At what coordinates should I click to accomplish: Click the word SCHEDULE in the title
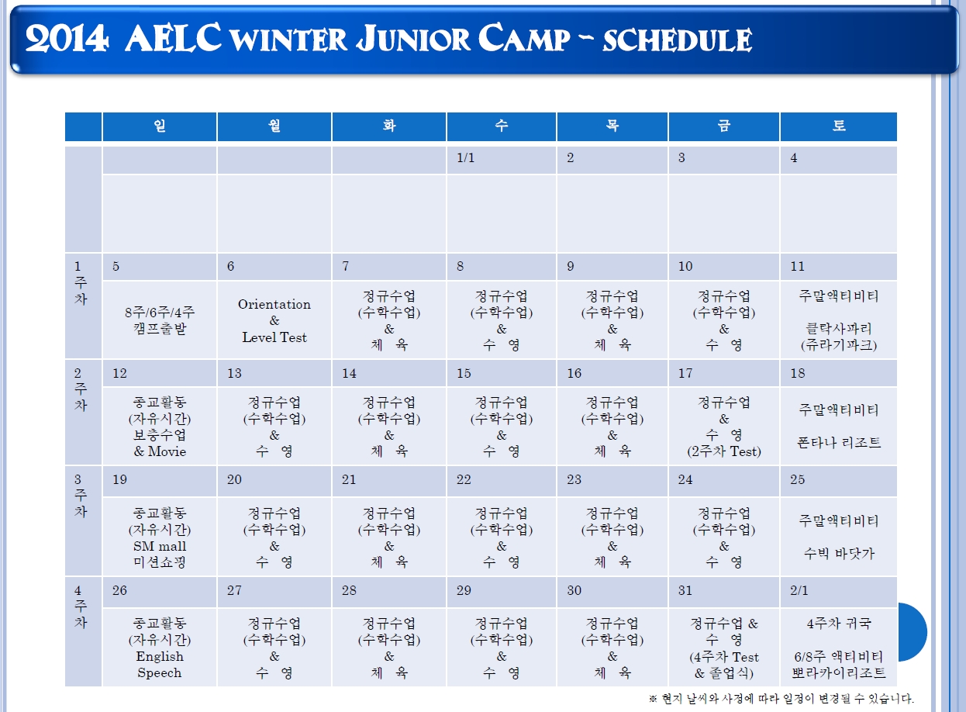click(x=678, y=40)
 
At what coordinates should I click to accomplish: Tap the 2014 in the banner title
click(x=67, y=39)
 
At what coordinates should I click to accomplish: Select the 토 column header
click(x=839, y=126)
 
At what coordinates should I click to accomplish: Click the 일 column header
click(x=160, y=126)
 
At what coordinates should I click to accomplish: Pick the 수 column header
click(x=501, y=126)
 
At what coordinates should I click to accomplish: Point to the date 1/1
click(x=466, y=158)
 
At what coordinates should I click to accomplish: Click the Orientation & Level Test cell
click(x=274, y=320)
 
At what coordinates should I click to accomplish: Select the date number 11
click(x=798, y=266)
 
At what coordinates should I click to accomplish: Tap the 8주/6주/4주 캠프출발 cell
click(x=160, y=320)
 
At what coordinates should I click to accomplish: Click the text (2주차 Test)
click(x=724, y=452)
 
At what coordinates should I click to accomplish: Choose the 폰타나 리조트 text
click(x=839, y=443)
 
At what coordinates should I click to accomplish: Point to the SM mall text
click(x=160, y=546)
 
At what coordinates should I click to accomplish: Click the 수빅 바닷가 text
click(x=839, y=554)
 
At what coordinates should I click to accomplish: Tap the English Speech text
click(x=160, y=665)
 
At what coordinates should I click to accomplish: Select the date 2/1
click(x=799, y=590)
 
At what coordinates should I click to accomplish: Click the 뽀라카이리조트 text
click(x=839, y=672)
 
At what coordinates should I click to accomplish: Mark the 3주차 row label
click(x=80, y=496)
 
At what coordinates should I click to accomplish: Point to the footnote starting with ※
click(x=781, y=699)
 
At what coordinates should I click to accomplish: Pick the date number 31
click(x=685, y=590)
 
